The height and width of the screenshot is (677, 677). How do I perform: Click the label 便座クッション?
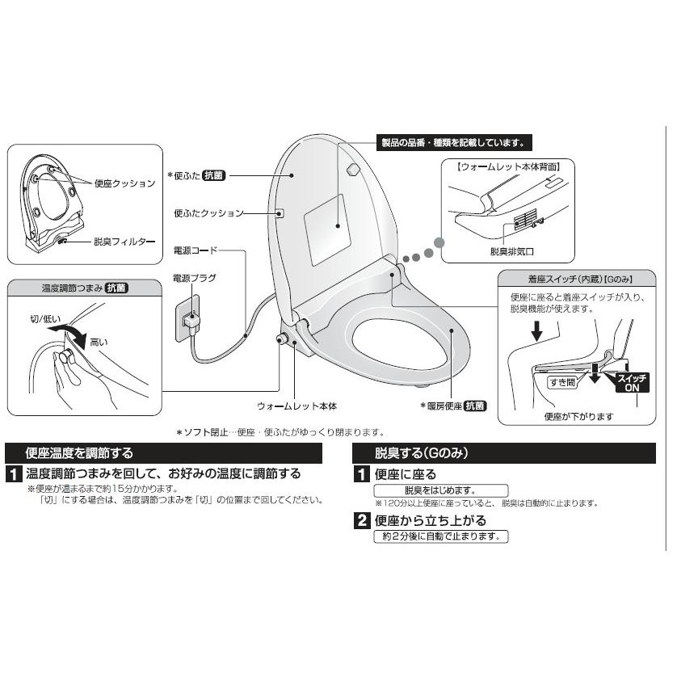coord(124,183)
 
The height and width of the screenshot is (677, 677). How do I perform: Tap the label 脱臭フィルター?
coord(118,241)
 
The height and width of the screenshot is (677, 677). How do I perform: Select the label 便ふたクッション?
coord(208,213)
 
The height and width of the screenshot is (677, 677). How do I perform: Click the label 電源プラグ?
coord(195,278)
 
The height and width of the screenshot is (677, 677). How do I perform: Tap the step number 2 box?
coord(364,520)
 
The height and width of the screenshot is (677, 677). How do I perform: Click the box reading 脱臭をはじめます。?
coord(440,490)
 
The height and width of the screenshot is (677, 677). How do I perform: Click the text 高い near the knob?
coord(99,342)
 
